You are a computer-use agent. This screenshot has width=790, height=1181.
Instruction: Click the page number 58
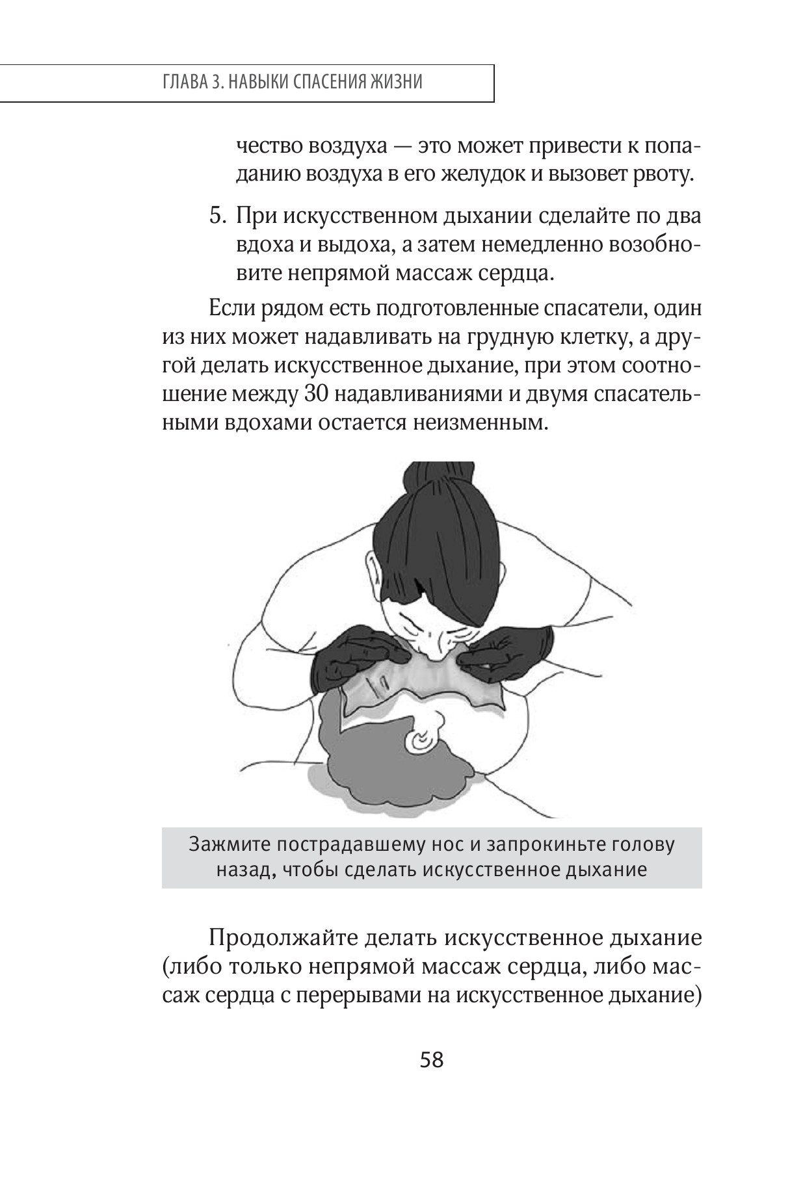tap(432, 1060)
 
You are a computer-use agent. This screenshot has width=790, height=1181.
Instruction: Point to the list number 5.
tap(216, 216)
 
